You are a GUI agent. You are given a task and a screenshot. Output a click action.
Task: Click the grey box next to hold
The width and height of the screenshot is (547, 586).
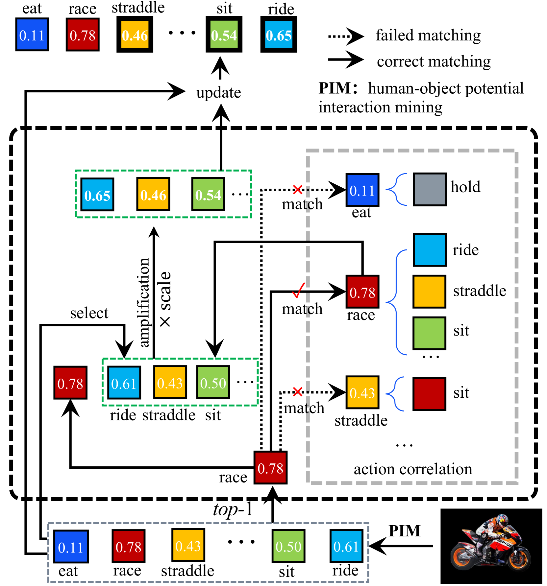click(430, 189)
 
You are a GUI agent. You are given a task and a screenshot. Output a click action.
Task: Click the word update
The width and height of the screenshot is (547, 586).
click(218, 93)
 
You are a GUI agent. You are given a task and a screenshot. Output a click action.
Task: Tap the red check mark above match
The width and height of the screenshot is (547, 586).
click(299, 290)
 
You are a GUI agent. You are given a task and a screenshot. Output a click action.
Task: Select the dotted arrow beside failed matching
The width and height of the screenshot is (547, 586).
click(345, 36)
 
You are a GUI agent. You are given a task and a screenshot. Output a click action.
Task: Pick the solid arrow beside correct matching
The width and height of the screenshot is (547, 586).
click(345, 60)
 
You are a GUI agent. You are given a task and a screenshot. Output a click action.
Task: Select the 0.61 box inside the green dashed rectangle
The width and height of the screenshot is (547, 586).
click(124, 383)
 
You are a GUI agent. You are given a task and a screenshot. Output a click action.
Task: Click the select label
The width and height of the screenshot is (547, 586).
click(89, 313)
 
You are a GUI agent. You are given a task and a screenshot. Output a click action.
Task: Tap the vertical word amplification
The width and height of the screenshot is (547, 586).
click(144, 302)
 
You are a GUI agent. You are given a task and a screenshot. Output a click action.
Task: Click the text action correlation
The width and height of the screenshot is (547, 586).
click(413, 469)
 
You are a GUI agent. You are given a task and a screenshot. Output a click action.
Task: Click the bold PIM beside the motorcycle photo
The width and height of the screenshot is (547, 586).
click(405, 531)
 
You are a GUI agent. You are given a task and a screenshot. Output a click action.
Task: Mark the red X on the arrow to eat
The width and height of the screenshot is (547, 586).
click(297, 189)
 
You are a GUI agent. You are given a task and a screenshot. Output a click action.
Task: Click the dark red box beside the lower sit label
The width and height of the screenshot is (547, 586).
click(429, 394)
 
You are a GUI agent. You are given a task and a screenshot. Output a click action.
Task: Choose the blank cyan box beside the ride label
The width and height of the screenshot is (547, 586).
click(430, 250)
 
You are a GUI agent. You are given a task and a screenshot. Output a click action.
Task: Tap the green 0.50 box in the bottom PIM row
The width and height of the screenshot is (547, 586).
click(288, 546)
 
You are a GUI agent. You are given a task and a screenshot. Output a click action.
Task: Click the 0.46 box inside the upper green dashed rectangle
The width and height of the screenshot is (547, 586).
click(153, 194)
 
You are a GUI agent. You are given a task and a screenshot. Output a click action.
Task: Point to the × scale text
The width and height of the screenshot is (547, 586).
click(165, 299)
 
